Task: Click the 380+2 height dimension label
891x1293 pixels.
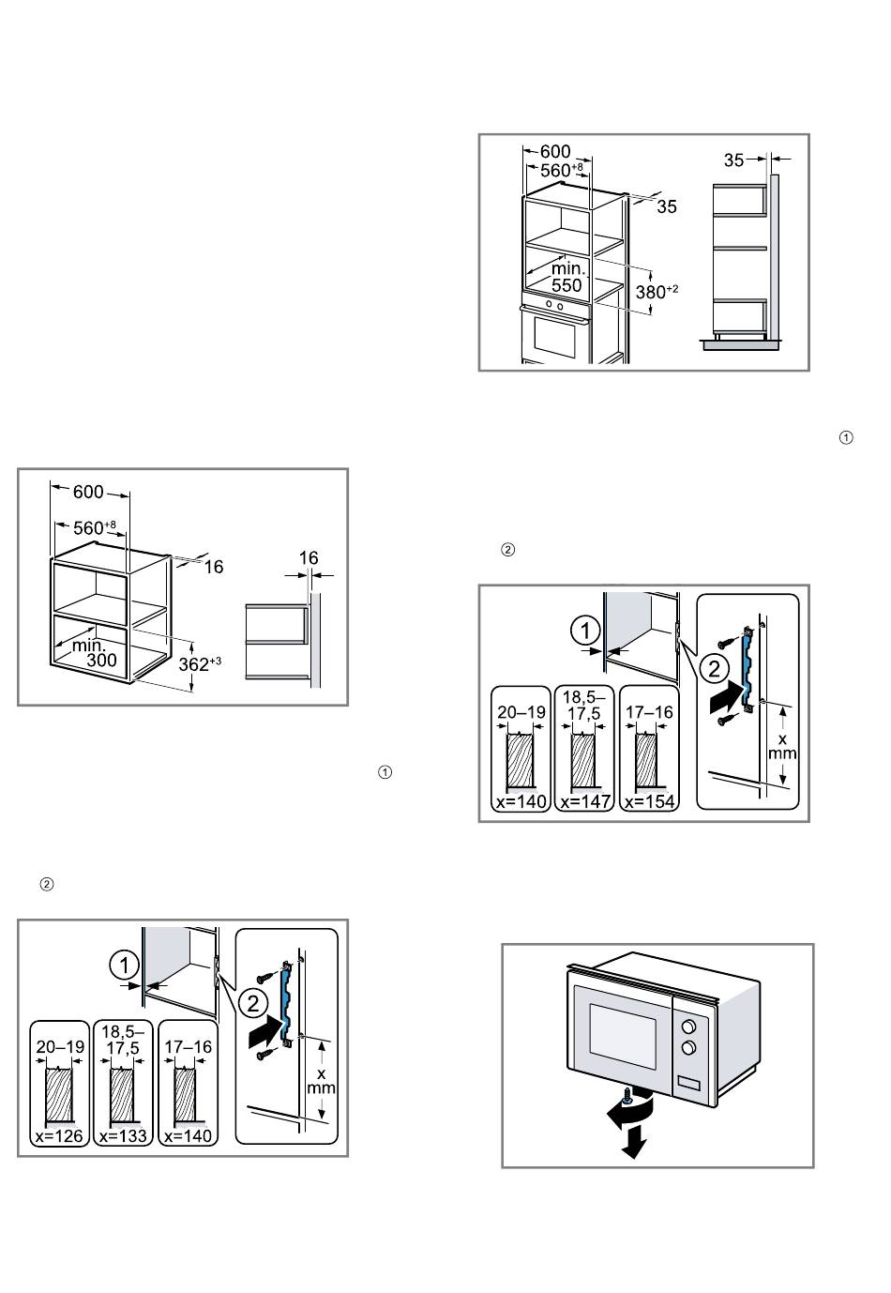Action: (657, 291)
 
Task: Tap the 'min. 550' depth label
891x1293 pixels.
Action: (566, 277)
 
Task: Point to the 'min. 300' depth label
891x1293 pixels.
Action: (96, 653)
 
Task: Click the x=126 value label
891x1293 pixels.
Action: (58, 1135)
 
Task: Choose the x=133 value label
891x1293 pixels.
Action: (124, 1135)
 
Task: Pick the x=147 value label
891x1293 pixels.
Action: (584, 802)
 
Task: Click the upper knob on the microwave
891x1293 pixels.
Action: (689, 1026)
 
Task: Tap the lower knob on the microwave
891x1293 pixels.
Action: (689, 1047)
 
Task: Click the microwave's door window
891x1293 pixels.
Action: (623, 1036)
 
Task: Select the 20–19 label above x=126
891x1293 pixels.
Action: (58, 1047)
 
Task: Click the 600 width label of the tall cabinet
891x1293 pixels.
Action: (555, 152)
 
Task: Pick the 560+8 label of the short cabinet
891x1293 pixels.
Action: (90, 527)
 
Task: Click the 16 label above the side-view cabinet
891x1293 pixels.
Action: (309, 558)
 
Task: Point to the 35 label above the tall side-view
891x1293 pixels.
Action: (734, 160)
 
